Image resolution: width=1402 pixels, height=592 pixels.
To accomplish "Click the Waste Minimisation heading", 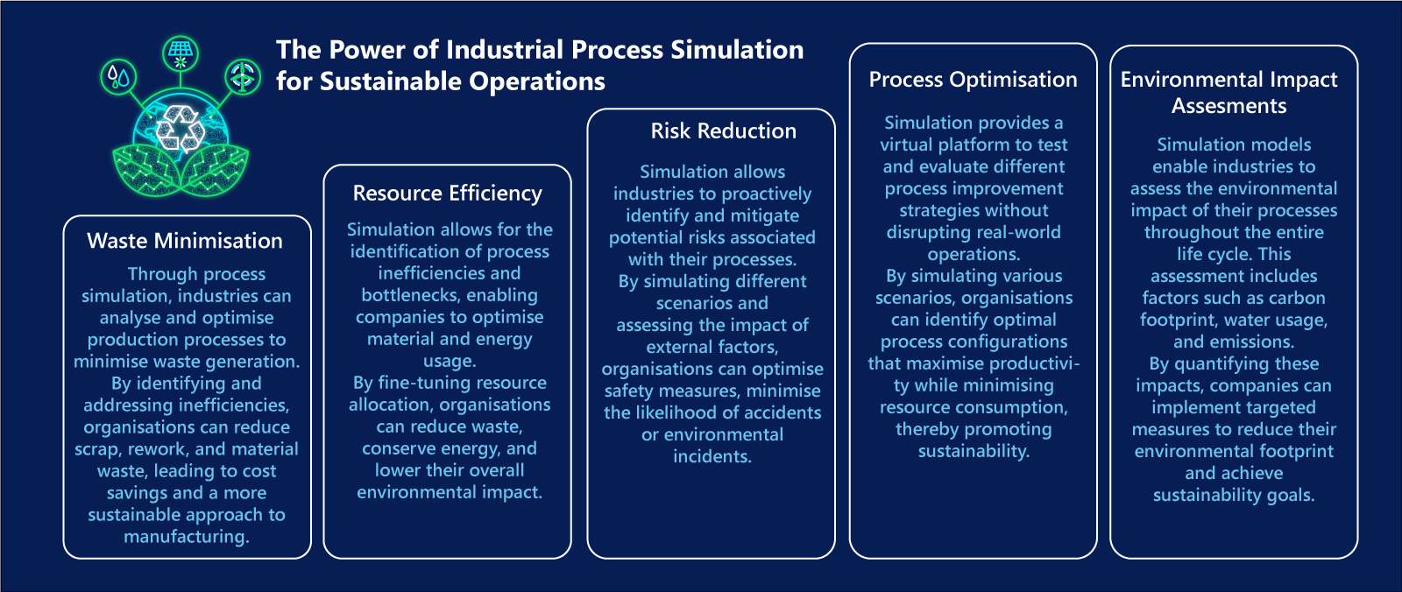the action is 185,241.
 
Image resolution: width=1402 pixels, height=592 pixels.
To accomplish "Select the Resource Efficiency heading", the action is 448,194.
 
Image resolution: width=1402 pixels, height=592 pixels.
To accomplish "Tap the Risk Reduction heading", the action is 724,130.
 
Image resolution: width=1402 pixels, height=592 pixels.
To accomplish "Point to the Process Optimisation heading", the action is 974,80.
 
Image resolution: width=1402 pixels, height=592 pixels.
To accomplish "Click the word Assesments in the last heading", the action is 1229,106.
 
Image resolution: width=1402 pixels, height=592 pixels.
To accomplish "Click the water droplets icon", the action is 118,78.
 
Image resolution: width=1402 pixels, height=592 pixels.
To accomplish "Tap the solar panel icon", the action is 181,53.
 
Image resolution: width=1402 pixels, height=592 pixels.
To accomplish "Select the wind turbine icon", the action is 243,77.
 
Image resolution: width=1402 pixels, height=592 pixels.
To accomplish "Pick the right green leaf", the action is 215,169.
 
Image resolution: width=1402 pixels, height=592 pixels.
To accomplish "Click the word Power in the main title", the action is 365,50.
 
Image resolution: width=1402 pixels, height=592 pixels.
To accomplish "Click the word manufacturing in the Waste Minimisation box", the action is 187,537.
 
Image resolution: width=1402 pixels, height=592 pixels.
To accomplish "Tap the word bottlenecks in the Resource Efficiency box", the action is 450,295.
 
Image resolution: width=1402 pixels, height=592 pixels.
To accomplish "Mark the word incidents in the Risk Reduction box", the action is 712,457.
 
